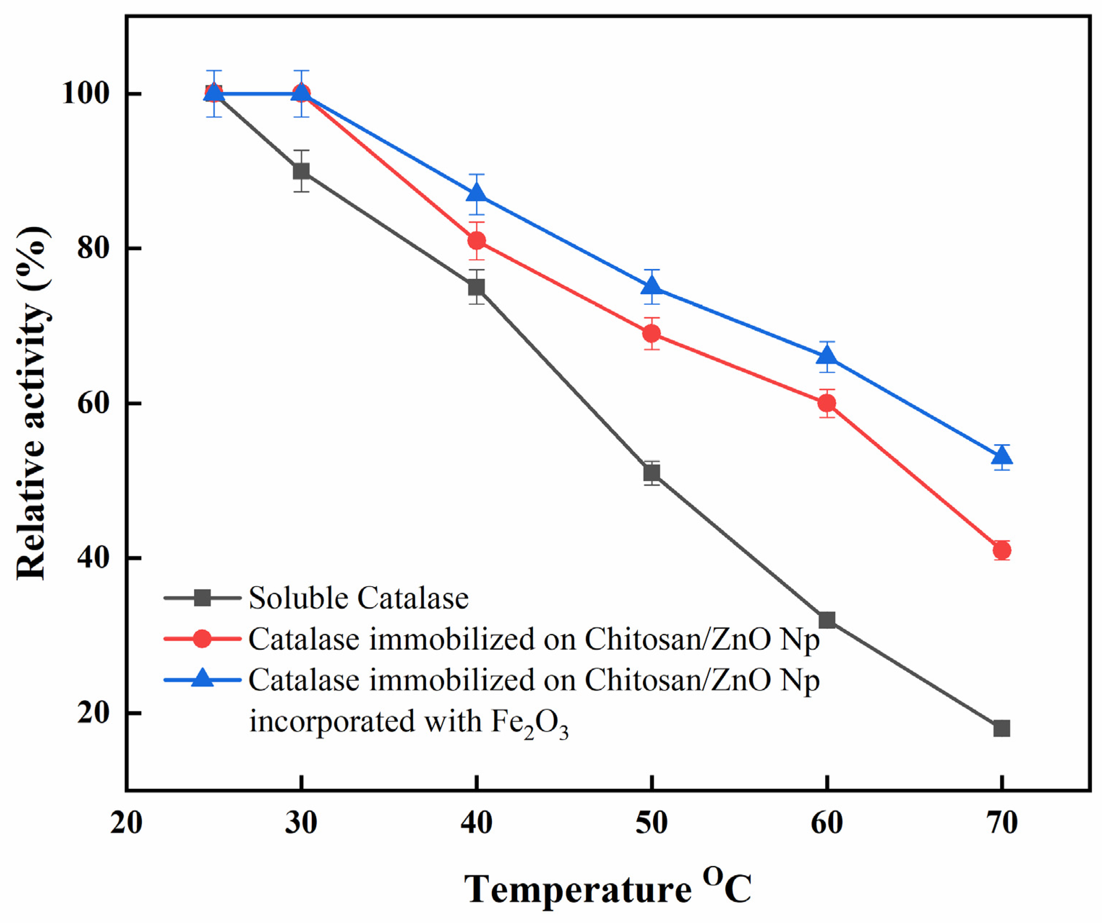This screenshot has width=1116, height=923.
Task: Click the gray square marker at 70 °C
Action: (x=1001, y=729)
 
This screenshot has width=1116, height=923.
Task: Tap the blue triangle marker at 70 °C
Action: (x=1001, y=456)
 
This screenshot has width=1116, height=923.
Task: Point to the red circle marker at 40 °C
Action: (x=477, y=241)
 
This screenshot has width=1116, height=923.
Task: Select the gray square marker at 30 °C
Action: (x=301, y=171)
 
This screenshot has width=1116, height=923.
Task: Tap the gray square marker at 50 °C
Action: (x=652, y=472)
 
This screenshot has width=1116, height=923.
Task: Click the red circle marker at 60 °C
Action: (x=827, y=403)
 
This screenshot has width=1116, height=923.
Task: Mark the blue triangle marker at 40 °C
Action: (x=477, y=193)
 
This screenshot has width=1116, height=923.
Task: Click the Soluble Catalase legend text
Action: (x=359, y=598)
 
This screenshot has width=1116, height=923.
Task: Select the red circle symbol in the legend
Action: (x=202, y=639)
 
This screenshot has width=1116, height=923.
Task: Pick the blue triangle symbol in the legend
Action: (x=202, y=679)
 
